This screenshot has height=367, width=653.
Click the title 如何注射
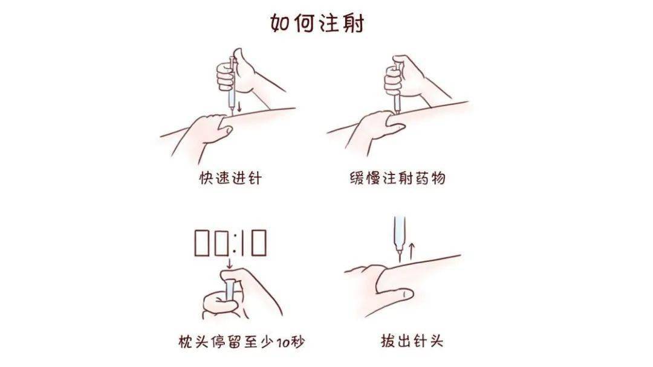click(x=317, y=24)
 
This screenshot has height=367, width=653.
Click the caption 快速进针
click(x=230, y=179)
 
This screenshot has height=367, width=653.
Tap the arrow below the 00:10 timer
click(x=230, y=263)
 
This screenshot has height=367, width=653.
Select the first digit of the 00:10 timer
click(x=203, y=243)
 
